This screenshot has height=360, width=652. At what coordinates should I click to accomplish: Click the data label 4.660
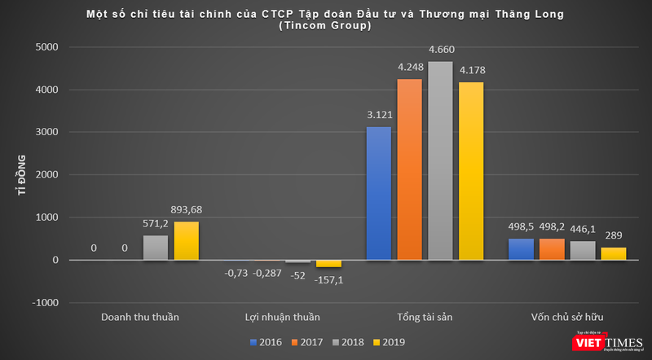click(x=442, y=50)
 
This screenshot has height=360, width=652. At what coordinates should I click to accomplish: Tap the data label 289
click(x=614, y=235)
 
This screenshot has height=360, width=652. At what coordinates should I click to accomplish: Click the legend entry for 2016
click(x=267, y=341)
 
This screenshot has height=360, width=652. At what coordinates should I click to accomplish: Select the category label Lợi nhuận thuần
click(x=283, y=317)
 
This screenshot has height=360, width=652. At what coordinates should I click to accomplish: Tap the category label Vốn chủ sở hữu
click(x=566, y=317)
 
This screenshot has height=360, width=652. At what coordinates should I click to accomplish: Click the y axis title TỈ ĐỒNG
click(x=24, y=175)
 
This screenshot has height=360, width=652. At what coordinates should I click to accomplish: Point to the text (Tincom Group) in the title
click(x=325, y=25)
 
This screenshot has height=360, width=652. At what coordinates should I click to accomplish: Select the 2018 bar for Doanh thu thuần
click(x=155, y=248)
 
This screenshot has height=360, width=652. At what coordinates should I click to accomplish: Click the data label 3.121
click(x=379, y=115)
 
